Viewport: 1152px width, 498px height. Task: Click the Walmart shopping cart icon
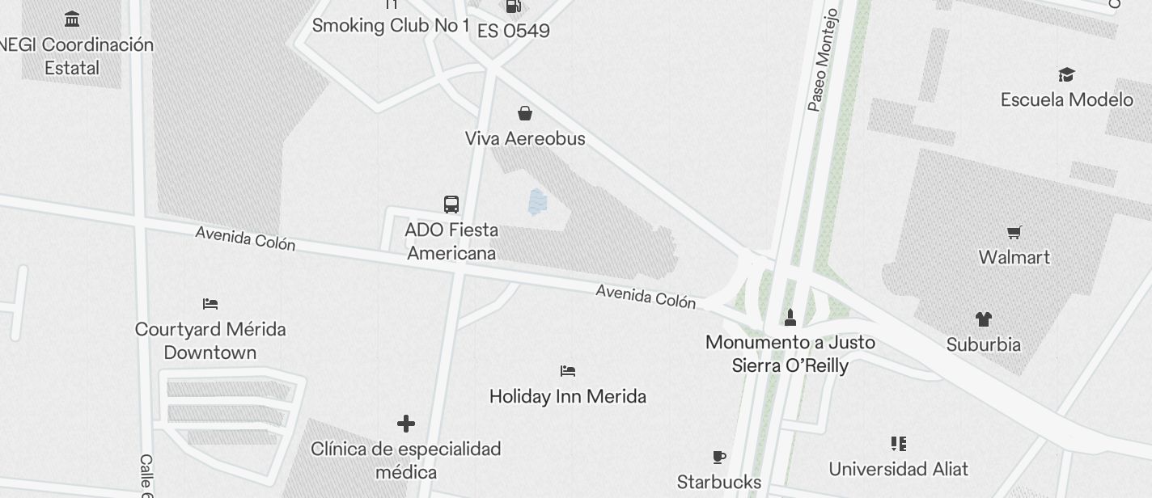(x=1014, y=233)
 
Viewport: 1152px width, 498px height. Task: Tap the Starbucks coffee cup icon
(x=719, y=458)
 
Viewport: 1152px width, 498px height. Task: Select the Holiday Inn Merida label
(x=568, y=397)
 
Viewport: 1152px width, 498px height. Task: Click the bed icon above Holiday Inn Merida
(x=568, y=371)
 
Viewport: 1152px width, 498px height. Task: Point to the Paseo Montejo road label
(x=824, y=61)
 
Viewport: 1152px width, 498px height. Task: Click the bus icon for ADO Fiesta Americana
(x=451, y=205)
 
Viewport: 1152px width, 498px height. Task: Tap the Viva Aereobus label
(x=525, y=139)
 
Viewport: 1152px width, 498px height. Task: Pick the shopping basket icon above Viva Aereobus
(x=525, y=113)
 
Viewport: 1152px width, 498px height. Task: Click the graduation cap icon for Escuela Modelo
(x=1066, y=75)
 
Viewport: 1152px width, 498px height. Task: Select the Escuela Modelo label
(x=1066, y=100)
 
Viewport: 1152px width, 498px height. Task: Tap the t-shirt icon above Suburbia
(x=983, y=319)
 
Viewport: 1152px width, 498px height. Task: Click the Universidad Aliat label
(x=898, y=469)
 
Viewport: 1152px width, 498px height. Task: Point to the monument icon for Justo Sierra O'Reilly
(x=790, y=317)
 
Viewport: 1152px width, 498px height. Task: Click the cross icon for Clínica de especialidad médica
(x=406, y=423)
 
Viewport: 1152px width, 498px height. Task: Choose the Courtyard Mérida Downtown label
(x=210, y=341)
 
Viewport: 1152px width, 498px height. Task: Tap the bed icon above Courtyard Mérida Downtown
(x=210, y=304)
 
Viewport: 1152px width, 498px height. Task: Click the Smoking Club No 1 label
(x=391, y=26)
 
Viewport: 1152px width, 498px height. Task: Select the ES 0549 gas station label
(x=513, y=31)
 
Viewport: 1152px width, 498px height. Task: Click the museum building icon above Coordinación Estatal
(x=72, y=19)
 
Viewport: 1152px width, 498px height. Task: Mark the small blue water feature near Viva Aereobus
(x=536, y=202)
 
